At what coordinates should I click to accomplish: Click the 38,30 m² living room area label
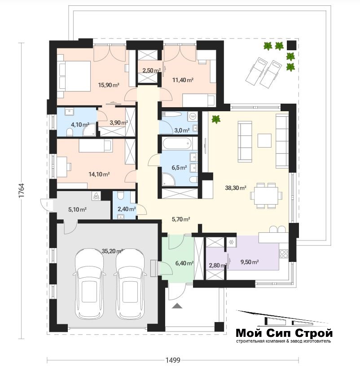coord(236,188)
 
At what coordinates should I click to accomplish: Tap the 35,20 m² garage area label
coord(112,251)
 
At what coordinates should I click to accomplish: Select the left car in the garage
coord(89,284)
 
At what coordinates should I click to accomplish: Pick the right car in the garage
coord(130,284)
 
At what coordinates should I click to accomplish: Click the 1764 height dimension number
coord(21,190)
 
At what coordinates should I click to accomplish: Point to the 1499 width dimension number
coord(173,360)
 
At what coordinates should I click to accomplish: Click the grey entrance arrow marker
coord(177,306)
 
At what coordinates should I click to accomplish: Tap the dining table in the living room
coord(265,196)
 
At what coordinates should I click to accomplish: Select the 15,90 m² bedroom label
coord(109,85)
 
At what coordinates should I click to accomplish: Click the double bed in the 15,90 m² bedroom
coord(74,76)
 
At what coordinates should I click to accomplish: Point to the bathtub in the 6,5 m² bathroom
coord(177,144)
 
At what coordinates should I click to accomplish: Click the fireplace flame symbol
coord(96,196)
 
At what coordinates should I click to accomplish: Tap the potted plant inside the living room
coord(216,119)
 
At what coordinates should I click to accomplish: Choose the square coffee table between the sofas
coord(264,140)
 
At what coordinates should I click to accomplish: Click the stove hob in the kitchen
coord(284,254)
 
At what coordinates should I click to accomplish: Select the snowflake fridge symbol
coord(232,242)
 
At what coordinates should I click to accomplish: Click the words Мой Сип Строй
coord(284,333)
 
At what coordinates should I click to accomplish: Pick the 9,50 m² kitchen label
coord(250,262)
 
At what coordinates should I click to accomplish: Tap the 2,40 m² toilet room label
coord(127,209)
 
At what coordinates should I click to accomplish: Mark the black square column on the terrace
coord(291,45)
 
